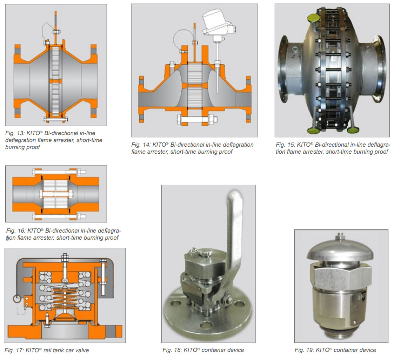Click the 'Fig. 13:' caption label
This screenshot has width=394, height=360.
pos(15,133)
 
